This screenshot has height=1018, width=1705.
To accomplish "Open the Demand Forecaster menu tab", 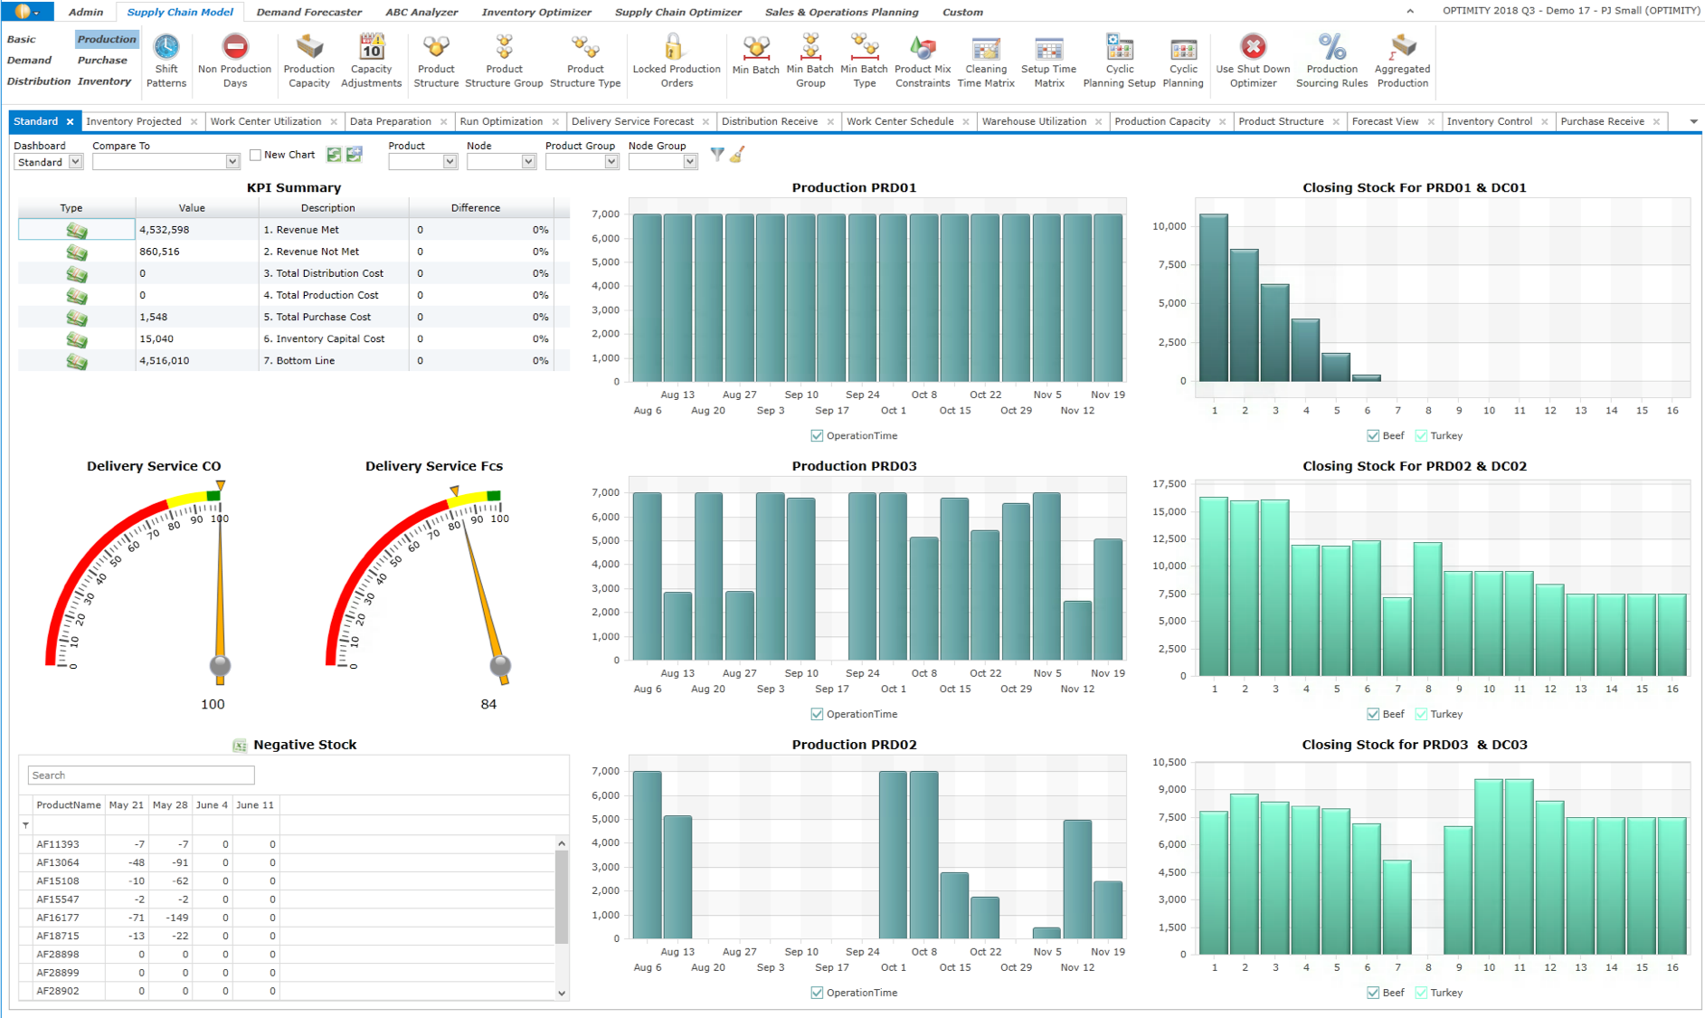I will [x=308, y=12].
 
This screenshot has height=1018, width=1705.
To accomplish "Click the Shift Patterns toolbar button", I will [x=166, y=61].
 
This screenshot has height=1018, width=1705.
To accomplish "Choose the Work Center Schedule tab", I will [x=900, y=121].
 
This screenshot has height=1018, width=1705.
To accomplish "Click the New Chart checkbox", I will [x=256, y=155].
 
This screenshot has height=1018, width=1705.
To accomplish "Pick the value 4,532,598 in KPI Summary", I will [x=165, y=230].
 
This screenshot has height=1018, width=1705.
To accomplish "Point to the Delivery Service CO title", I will [x=154, y=466].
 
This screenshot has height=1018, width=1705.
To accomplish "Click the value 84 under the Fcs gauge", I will [x=488, y=704].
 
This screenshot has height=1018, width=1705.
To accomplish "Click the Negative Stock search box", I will [x=141, y=775].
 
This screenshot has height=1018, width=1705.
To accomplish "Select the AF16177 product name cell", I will [x=58, y=918].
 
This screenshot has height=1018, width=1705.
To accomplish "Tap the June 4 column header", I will [x=212, y=804].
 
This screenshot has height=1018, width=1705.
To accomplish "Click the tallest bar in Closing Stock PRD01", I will [x=1214, y=299].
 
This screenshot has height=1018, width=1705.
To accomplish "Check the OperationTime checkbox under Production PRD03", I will [x=818, y=714].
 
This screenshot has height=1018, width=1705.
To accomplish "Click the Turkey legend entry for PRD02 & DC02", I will [x=1445, y=714].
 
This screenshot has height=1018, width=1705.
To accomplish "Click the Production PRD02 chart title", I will [x=854, y=745].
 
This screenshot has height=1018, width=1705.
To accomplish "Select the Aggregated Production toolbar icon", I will [x=1402, y=61].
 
